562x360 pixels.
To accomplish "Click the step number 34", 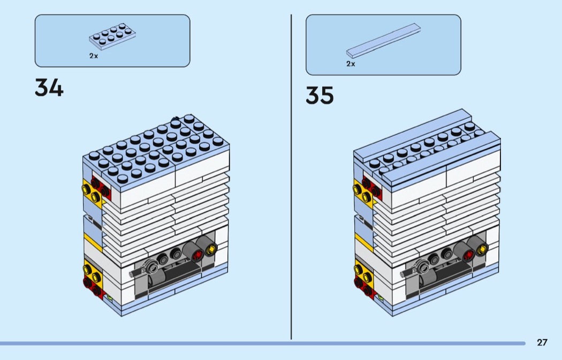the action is click(x=49, y=88).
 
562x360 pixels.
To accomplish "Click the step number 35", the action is click(x=320, y=95).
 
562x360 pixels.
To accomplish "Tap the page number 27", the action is click(x=542, y=342).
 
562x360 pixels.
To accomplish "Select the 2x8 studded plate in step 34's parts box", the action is click(x=112, y=35).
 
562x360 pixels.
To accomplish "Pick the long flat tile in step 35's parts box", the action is click(x=383, y=41).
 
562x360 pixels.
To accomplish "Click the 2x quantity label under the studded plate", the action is click(x=94, y=56).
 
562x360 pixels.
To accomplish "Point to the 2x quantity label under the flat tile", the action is click(x=351, y=64).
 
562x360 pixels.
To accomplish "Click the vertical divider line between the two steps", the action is click(x=291, y=177).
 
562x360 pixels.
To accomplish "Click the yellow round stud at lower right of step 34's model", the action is click(x=211, y=248).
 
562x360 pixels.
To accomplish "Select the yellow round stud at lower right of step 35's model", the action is click(x=482, y=248).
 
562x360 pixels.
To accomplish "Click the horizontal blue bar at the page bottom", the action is click(x=263, y=343).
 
